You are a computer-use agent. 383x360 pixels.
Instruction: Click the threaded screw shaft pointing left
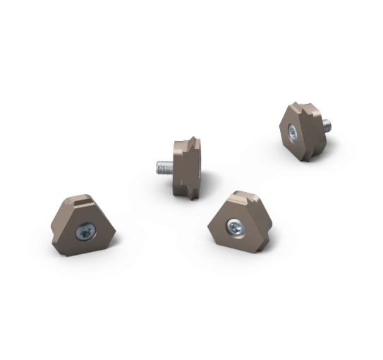[x=166, y=167]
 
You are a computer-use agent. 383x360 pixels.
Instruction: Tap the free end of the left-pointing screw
[x=157, y=167]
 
